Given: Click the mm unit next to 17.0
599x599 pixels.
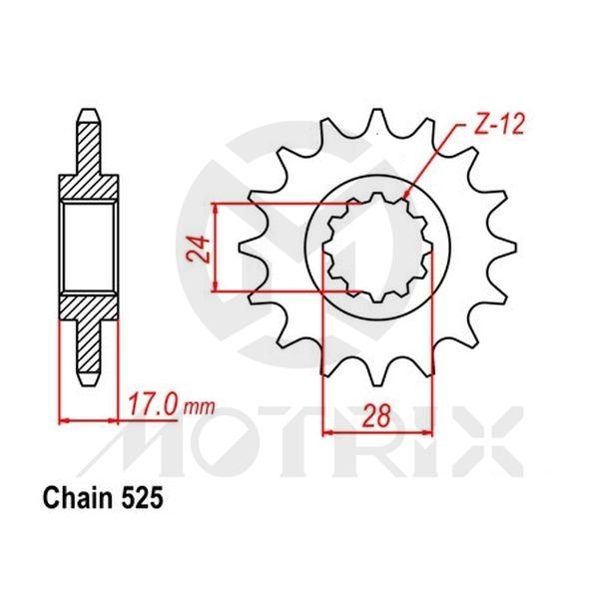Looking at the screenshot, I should (x=202, y=408).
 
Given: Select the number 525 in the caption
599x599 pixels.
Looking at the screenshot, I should (x=137, y=495).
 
